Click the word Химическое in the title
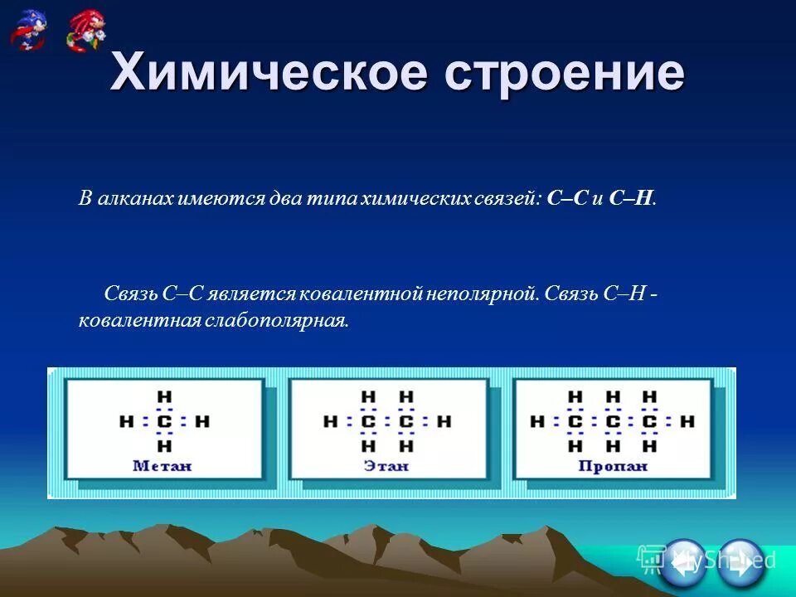click(x=269, y=73)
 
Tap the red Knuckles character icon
click(x=87, y=29)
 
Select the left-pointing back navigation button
click(x=683, y=562)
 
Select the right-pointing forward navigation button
click(x=740, y=562)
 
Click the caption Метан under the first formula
click(x=163, y=466)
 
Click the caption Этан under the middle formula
click(x=386, y=466)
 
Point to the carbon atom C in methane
click(x=164, y=422)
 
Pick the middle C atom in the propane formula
click(x=613, y=422)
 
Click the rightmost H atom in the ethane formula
click(x=444, y=422)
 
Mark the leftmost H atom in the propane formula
click(x=537, y=422)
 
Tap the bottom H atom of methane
click(x=164, y=447)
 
